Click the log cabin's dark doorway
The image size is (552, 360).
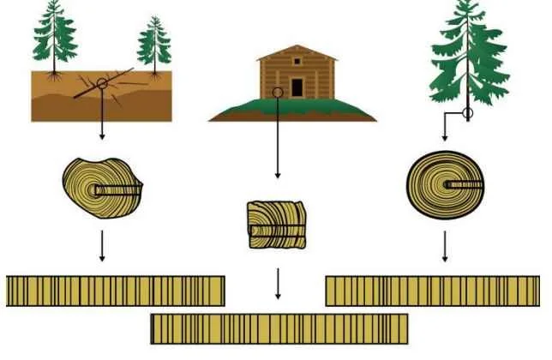(297, 87)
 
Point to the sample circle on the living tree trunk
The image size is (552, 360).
(468, 112)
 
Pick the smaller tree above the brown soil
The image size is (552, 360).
(154, 43)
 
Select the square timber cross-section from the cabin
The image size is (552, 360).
(277, 225)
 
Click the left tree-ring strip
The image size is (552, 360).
(115, 291)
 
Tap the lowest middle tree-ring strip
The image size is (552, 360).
(279, 328)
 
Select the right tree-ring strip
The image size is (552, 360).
(432, 291)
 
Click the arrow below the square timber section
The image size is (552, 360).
(277, 283)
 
